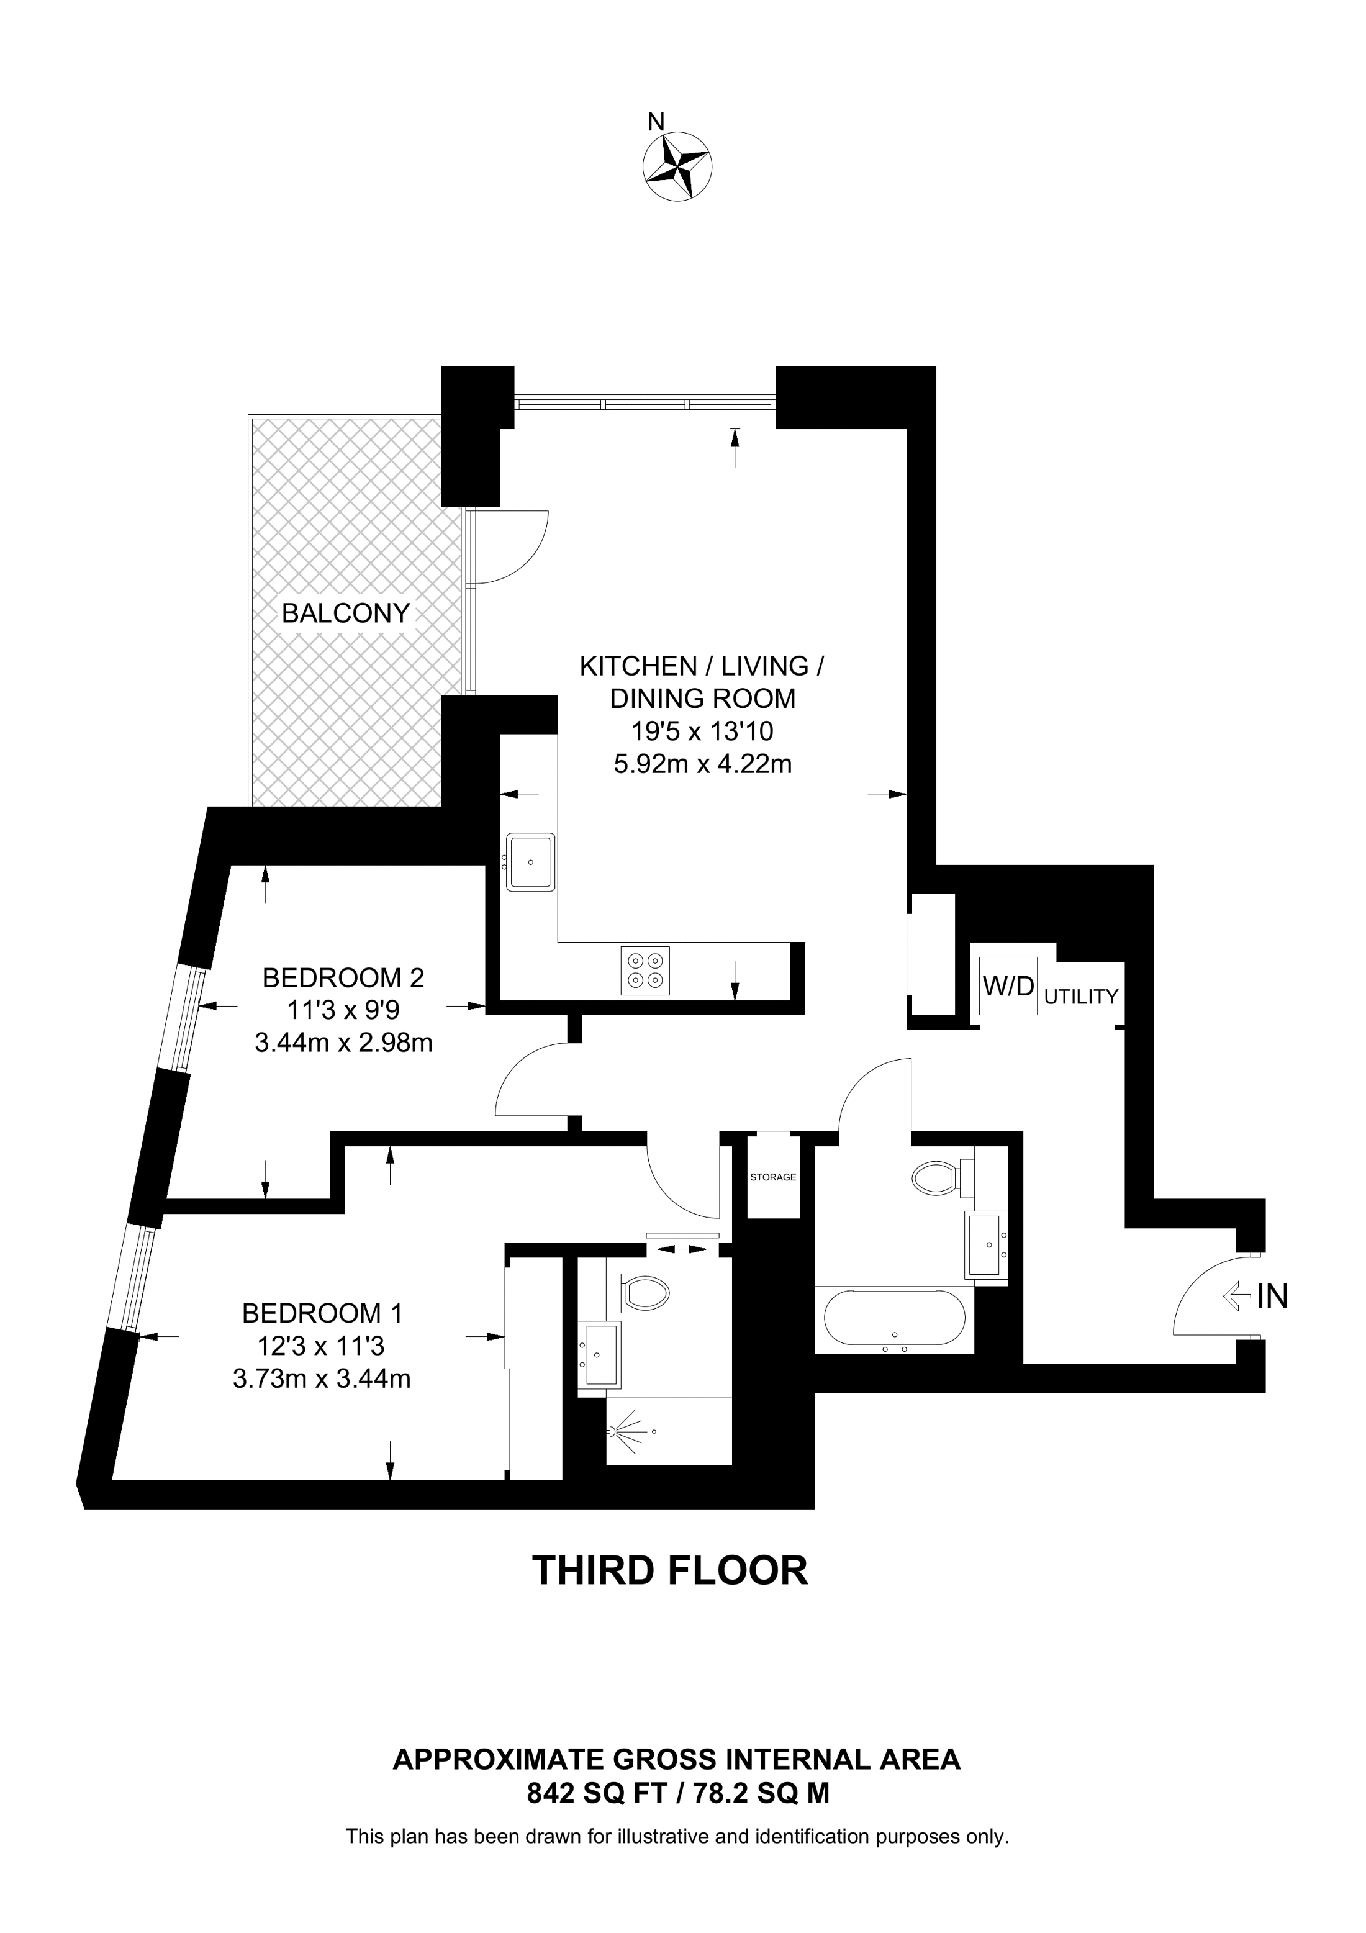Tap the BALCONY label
(345, 613)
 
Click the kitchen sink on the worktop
(530, 861)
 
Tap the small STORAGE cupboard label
(772, 1177)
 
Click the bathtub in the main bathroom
(895, 1320)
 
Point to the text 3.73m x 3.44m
(322, 1379)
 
